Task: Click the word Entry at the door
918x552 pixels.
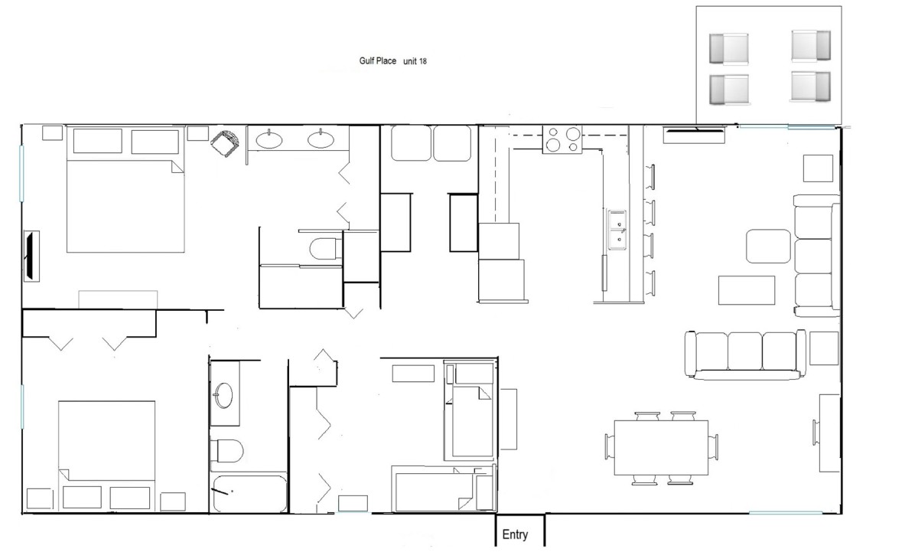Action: tap(515, 534)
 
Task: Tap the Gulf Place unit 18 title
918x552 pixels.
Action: tap(392, 61)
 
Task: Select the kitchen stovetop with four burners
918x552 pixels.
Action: tap(562, 139)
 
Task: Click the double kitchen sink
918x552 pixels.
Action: tap(617, 230)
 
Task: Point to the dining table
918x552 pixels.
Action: tap(661, 447)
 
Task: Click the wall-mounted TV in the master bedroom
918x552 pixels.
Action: tap(31, 256)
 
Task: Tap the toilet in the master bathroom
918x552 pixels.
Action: tap(325, 249)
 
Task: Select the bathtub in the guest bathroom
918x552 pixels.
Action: tap(249, 493)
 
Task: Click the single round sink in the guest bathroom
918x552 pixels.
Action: tap(223, 395)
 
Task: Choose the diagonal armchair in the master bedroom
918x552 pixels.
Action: tap(225, 143)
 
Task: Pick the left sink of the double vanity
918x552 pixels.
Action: tap(269, 139)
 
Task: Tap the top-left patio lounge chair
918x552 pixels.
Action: tap(728, 49)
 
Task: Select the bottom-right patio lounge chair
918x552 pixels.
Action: tap(811, 86)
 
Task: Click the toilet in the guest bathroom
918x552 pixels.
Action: tap(226, 451)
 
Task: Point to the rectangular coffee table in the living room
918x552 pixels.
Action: tap(747, 290)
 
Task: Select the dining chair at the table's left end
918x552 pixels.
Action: tap(610, 446)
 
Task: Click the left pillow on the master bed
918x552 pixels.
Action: tap(98, 141)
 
